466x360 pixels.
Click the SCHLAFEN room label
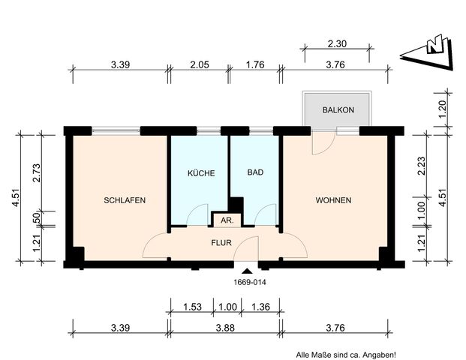(x=125, y=200)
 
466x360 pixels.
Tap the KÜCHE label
(x=200, y=172)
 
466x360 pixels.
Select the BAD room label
(x=255, y=172)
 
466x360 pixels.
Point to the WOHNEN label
(x=333, y=200)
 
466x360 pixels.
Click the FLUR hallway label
(x=221, y=242)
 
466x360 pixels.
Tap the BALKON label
(x=338, y=110)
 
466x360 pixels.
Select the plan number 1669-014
(x=246, y=283)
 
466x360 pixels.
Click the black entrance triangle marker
(x=246, y=271)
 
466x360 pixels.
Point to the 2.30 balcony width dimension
(x=338, y=44)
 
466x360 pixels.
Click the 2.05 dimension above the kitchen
(x=199, y=64)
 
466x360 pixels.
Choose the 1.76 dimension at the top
(x=256, y=64)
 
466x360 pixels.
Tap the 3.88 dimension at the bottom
(x=225, y=326)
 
